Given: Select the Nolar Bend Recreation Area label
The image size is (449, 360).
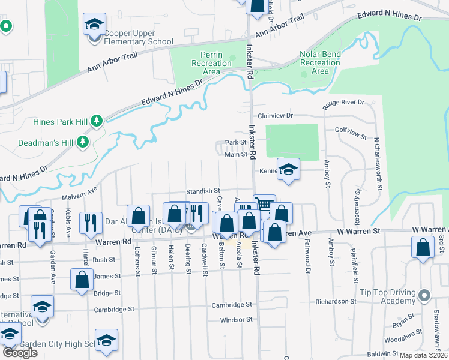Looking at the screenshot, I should click(x=320, y=62).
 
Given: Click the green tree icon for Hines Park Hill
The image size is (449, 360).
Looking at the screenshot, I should click(x=96, y=122).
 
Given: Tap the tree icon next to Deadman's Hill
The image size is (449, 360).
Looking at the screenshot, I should click(x=83, y=142).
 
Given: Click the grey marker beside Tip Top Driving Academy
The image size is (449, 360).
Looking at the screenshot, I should click(x=425, y=296).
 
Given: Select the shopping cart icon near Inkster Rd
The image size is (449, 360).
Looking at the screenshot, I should click(x=264, y=203).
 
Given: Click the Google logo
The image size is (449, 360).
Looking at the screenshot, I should click(x=20, y=353).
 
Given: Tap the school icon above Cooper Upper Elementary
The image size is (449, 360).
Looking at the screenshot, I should click(x=94, y=25).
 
